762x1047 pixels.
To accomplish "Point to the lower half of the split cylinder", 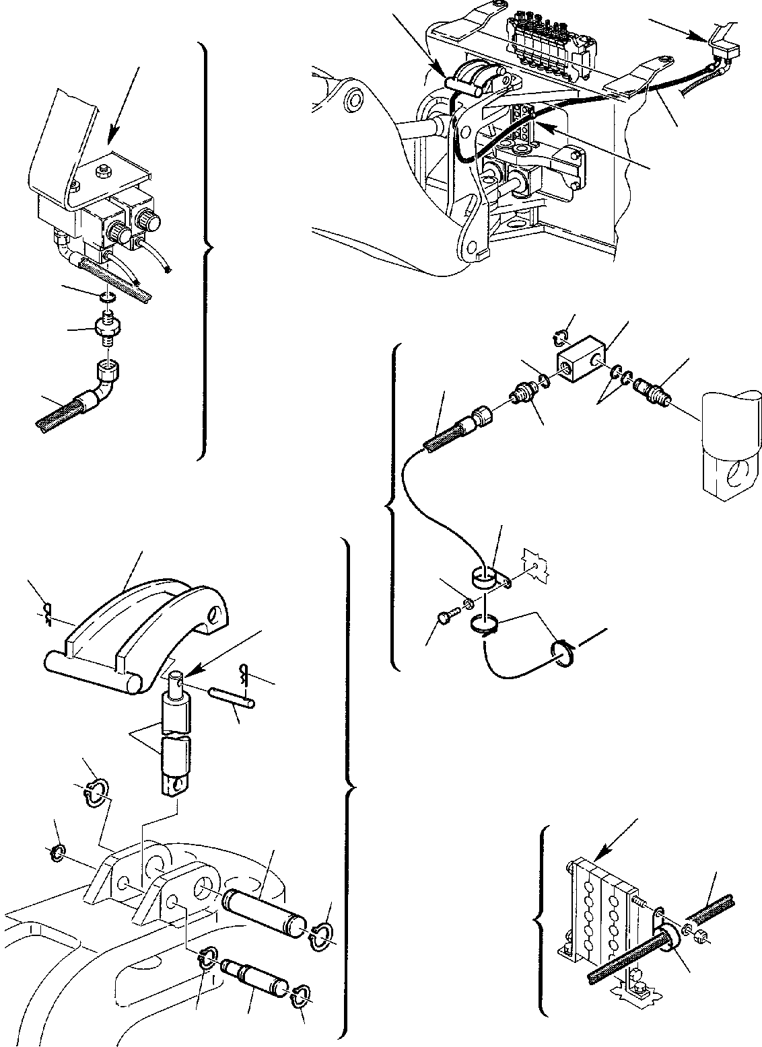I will click(x=174, y=765).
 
